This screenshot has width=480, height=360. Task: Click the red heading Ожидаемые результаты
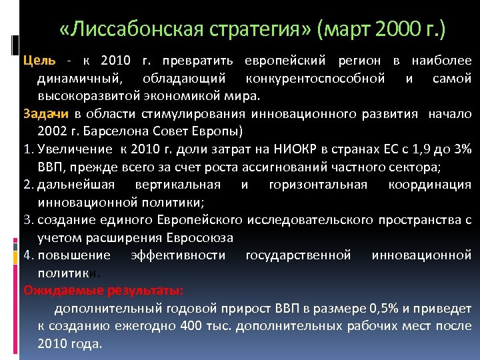[103, 290]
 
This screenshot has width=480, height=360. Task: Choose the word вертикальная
[182, 184]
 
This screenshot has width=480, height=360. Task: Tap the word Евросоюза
[199, 237]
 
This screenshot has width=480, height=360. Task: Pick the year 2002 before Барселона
[53, 129]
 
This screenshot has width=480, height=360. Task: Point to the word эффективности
[178, 255]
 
